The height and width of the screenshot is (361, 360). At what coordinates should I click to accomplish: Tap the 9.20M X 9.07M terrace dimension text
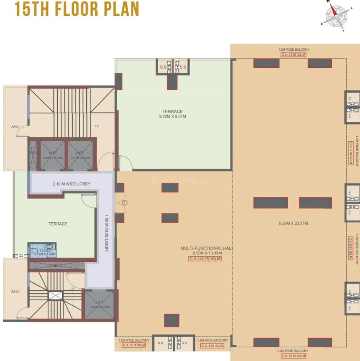click(172, 117)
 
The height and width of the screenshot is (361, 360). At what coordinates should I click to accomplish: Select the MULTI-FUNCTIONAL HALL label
click(206, 248)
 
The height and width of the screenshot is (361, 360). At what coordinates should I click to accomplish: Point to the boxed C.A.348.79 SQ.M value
click(205, 258)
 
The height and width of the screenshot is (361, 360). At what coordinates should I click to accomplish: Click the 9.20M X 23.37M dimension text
click(293, 223)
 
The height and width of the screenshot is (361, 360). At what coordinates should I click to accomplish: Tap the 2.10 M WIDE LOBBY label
click(71, 184)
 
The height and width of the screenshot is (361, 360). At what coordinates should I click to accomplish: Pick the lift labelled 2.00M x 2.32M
click(52, 155)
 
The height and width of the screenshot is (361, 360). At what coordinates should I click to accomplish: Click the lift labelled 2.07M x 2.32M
click(80, 155)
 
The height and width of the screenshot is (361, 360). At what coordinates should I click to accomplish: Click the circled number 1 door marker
click(125, 202)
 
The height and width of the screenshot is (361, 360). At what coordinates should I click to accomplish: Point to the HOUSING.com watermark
click(180, 181)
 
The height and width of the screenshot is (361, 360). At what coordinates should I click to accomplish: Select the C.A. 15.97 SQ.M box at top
click(294, 54)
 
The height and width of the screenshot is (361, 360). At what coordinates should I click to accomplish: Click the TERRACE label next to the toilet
click(58, 224)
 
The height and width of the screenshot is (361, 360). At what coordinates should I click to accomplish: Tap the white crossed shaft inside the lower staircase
click(55, 295)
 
